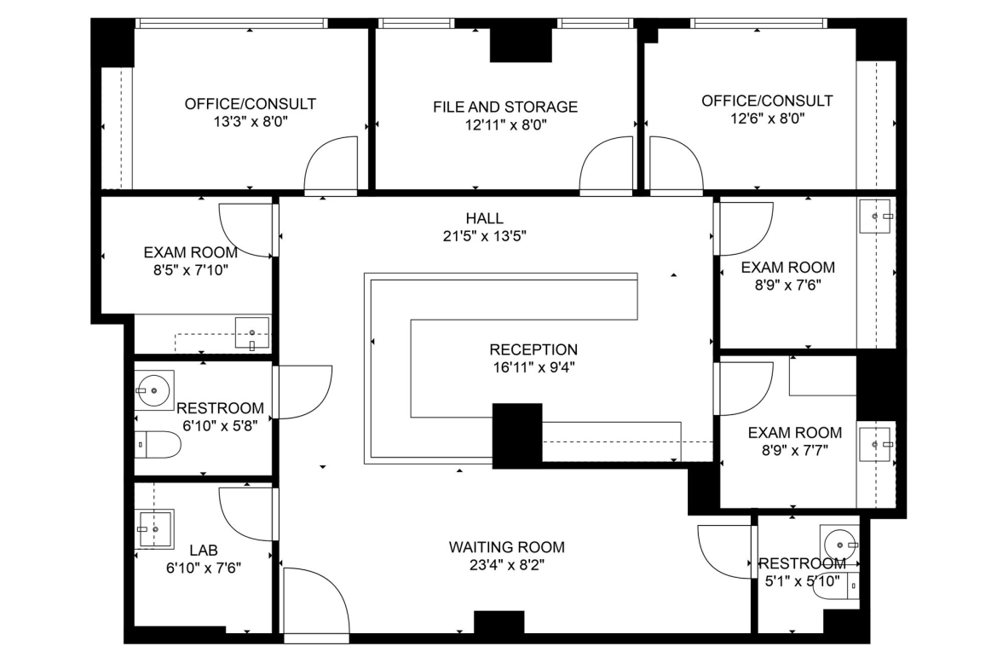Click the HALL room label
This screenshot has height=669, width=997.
pyautogui.click(x=485, y=218)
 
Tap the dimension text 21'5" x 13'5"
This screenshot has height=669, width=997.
pyautogui.click(x=485, y=237)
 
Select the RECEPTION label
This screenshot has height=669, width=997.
pyautogui.click(x=533, y=349)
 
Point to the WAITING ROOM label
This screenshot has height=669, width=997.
pyautogui.click(x=507, y=547)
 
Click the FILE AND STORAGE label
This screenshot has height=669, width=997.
pyautogui.click(x=505, y=107)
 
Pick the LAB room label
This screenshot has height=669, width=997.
pyautogui.click(x=204, y=550)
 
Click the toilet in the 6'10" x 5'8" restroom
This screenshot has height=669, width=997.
pyautogui.click(x=158, y=445)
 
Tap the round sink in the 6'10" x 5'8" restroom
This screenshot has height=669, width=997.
pyautogui.click(x=154, y=389)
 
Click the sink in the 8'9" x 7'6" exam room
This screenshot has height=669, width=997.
pyautogui.click(x=876, y=216)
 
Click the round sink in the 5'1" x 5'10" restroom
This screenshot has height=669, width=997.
pyautogui.click(x=839, y=545)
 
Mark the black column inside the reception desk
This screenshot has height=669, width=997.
pyautogui.click(x=517, y=435)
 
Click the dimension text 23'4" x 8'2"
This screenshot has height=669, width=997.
pyautogui.click(x=506, y=565)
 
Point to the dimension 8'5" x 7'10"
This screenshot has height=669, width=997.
pyautogui.click(x=191, y=270)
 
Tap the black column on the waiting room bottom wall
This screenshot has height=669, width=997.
pyautogui.click(x=499, y=622)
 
